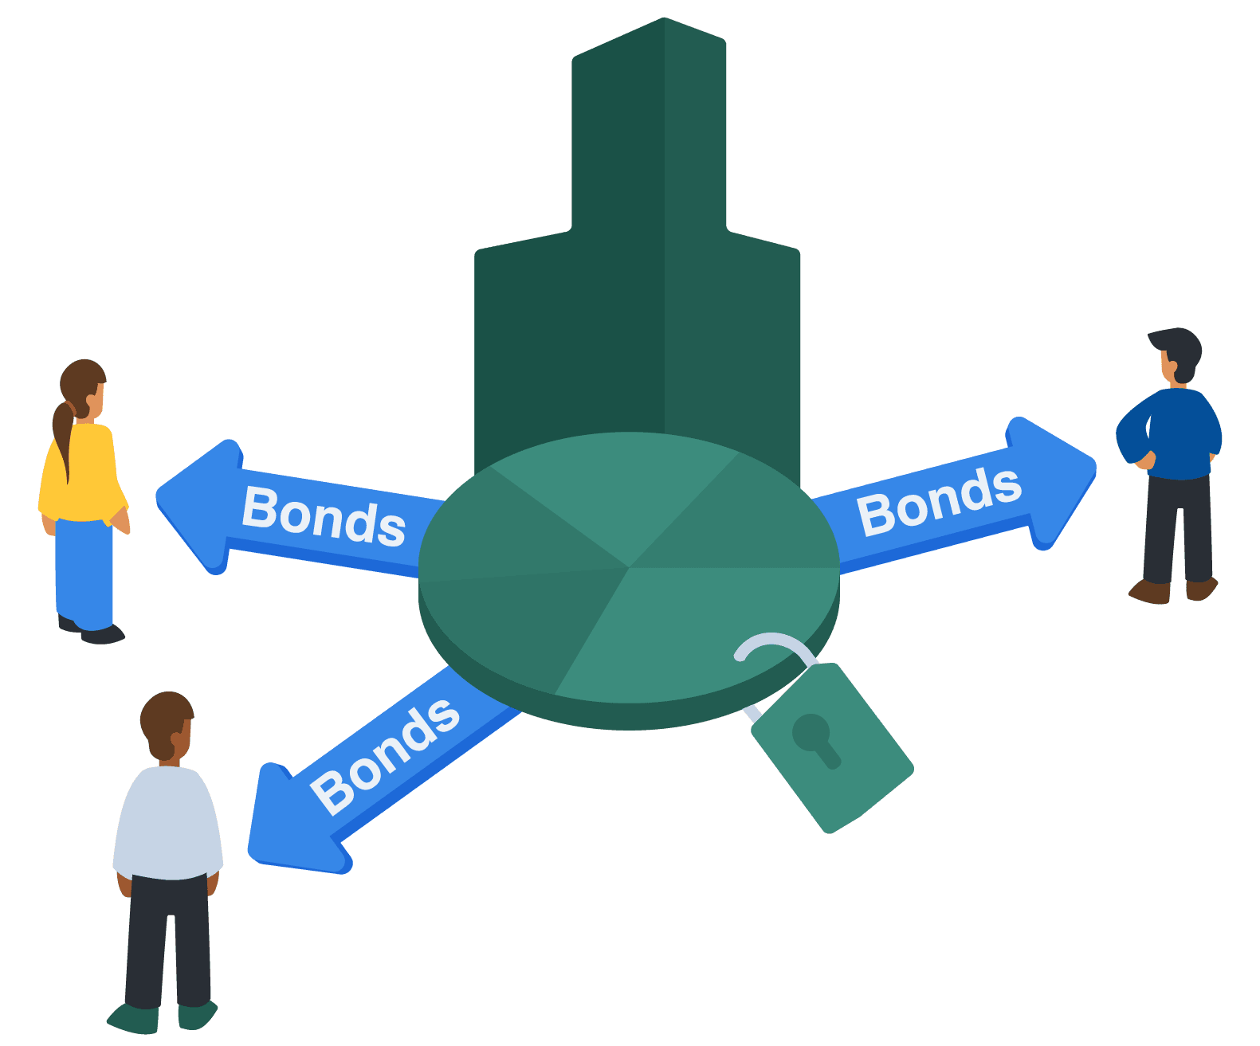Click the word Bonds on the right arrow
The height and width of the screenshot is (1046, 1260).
coord(939,501)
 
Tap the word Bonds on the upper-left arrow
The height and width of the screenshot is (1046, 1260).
coord(324,517)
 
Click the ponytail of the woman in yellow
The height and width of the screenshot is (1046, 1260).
coord(63,434)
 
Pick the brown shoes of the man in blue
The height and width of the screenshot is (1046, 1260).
coord(1172,590)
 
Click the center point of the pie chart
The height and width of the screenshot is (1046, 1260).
coord(629,567)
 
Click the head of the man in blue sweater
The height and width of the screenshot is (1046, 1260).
coord(1178,354)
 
